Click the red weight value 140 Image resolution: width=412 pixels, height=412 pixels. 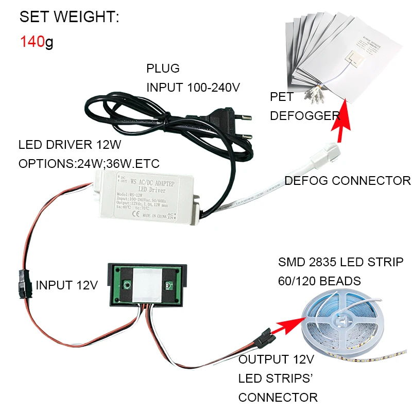tap(32, 41)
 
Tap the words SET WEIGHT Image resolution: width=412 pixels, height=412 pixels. tap(69, 17)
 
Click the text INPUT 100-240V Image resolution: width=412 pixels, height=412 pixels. tap(193, 87)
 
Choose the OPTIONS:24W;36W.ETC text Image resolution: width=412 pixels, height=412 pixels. tap(89, 164)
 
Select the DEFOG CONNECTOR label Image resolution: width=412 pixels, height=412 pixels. tap(348, 181)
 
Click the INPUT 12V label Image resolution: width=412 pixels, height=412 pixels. tap(66, 285)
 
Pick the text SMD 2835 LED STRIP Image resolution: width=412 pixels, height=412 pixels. tap(340, 262)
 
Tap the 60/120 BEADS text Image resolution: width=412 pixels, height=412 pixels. tap(319, 281)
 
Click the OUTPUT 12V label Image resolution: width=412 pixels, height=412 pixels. tap(278, 359)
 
